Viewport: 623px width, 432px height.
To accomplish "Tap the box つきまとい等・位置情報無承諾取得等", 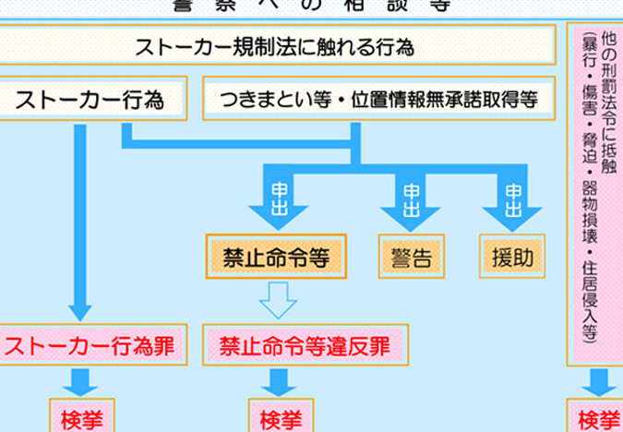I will coord(378,99).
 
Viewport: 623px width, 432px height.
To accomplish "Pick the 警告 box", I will coord(411,257).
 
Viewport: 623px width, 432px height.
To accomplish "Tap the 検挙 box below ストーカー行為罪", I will coord(81,417).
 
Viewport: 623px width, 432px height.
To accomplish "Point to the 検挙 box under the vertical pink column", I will coord(599,417).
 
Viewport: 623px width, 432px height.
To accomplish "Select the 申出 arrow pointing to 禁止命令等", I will coord(279,198).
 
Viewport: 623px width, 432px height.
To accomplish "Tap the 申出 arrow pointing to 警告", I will coord(411,198).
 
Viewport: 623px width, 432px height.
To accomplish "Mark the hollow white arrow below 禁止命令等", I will coord(278,299).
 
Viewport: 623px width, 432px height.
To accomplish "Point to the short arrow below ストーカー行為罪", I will coord(80,381).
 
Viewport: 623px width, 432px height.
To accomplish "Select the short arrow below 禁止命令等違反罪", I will coord(278,381).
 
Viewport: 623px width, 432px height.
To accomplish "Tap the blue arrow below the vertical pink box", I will coord(598,381).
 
